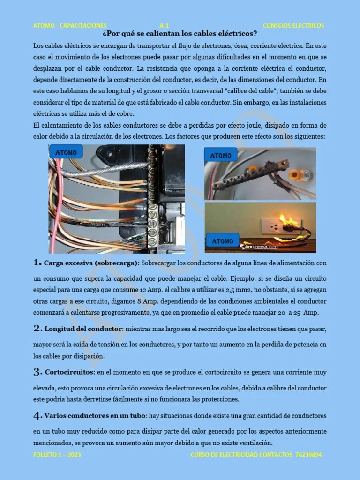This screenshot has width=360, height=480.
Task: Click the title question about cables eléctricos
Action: coord(180,34)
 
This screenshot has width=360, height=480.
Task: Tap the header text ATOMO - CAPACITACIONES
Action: coord(70,25)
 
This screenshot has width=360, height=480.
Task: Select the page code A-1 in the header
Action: coord(164,25)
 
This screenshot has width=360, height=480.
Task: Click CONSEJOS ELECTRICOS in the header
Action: coord(293,25)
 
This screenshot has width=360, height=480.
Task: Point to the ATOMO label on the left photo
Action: coord(67,152)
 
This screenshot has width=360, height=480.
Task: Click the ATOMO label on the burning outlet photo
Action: coord(223,241)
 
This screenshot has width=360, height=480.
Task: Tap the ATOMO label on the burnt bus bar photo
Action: coord(221,155)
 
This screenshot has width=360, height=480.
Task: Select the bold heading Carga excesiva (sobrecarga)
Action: coord(91,263)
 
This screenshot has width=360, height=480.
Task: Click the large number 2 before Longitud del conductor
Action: coord(37,329)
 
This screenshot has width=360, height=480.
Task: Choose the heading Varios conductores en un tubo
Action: coord(95,416)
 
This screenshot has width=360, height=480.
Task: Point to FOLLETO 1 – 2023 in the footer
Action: coord(53,455)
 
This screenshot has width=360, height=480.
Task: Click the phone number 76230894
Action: coord(306,455)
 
